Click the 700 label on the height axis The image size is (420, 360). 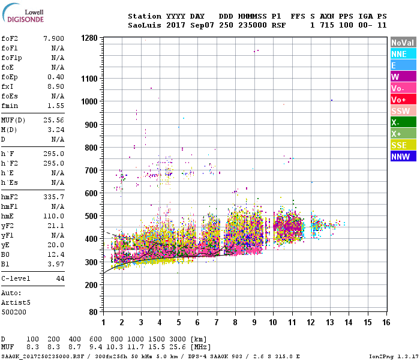click(x=91, y=170)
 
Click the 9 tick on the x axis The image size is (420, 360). click(x=254, y=322)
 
